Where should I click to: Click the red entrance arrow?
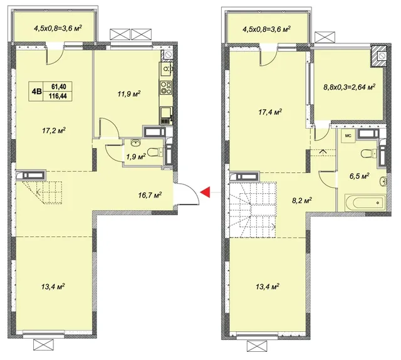pyautogui.click(x=206, y=192)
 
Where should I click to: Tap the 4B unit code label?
pyautogui.click(x=36, y=92)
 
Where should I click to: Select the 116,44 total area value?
pyautogui.click(x=58, y=96)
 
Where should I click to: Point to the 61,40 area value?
pyautogui.click(x=58, y=87)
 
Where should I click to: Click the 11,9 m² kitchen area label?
pyautogui.click(x=129, y=94)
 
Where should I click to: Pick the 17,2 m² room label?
pyautogui.click(x=54, y=130)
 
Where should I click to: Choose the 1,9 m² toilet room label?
pyautogui.click(x=136, y=156)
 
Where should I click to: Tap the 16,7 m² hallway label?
pyautogui.click(x=150, y=195)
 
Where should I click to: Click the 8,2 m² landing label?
pyautogui.click(x=302, y=200)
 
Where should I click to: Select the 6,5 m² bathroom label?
pyautogui.click(x=359, y=176)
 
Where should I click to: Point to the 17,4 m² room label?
pyautogui.click(x=270, y=112)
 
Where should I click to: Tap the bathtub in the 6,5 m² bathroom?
pyautogui.click(x=365, y=203)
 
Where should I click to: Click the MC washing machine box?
pyautogui.click(x=348, y=136)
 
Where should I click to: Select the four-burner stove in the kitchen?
pyautogui.click(x=165, y=87)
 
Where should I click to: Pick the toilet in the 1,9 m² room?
pyautogui.click(x=155, y=152)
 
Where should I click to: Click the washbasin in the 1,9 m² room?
pyautogui.click(x=135, y=143)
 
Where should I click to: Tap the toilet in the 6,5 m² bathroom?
pyautogui.click(x=368, y=154)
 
